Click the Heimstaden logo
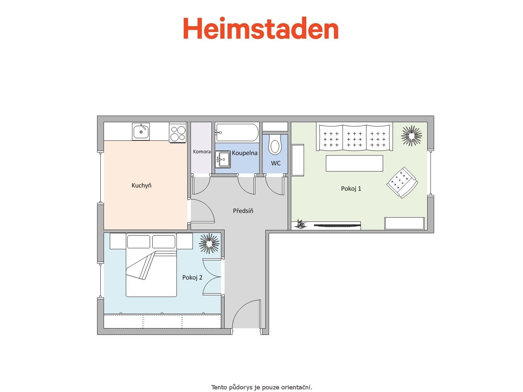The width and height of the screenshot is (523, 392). point(261,28)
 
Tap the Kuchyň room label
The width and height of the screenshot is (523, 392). point(141,186)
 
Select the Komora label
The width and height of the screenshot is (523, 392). point(202,152)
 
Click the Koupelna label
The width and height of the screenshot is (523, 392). point(245,153)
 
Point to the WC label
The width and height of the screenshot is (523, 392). point(276,163)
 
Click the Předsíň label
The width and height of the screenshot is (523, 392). point(243,211)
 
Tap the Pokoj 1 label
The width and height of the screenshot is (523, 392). point(351,188)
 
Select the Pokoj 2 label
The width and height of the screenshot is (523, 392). point(192,277)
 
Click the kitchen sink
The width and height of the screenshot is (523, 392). point(141,132)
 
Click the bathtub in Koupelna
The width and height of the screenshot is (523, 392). point(237,132)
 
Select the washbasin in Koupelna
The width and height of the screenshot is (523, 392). point(223,159)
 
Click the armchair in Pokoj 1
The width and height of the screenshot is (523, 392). point(402,182)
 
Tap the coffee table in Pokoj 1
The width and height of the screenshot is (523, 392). point(354,163)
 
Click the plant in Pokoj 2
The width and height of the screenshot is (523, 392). point(209,243)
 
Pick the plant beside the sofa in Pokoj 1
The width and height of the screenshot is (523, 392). point(412,135)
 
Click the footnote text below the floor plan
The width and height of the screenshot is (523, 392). point(261,387)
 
